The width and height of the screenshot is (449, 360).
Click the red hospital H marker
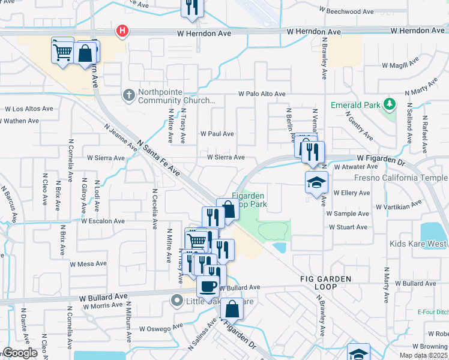click(x=122, y=31)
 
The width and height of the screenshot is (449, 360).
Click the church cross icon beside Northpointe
click(x=128, y=95)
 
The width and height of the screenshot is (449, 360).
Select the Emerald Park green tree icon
click(x=390, y=105)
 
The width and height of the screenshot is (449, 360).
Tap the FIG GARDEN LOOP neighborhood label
click(x=322, y=284)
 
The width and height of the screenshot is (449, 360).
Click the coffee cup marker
click(x=208, y=286)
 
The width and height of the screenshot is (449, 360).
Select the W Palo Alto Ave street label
click(x=262, y=94)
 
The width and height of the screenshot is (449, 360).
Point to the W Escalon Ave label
click(x=103, y=221)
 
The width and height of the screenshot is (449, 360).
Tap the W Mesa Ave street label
click(x=88, y=264)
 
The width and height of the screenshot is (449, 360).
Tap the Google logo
click(x=20, y=353)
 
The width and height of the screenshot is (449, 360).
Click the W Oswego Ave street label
click(x=160, y=328)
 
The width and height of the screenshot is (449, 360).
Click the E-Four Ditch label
click(x=433, y=312)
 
